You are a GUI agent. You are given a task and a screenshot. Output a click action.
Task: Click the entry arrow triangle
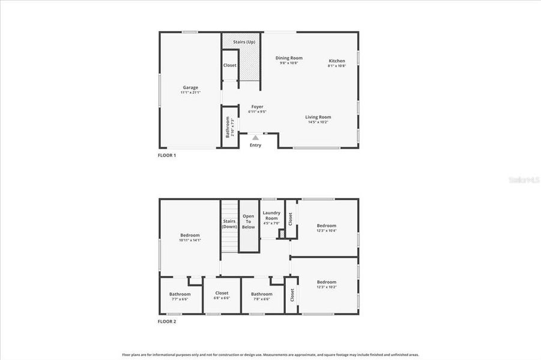tap(255, 137)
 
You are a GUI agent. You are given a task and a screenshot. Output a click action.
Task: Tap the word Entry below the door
tap(255, 145)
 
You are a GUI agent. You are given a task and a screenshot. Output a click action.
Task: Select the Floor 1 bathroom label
tap(229, 127)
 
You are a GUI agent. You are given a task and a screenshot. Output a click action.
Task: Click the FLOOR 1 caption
tap(167, 155)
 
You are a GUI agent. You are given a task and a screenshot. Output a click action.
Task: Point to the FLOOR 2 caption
tap(167, 322)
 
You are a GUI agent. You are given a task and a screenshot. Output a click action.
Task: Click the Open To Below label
tap(248, 222)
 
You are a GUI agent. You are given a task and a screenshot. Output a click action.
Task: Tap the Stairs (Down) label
tap(229, 224)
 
